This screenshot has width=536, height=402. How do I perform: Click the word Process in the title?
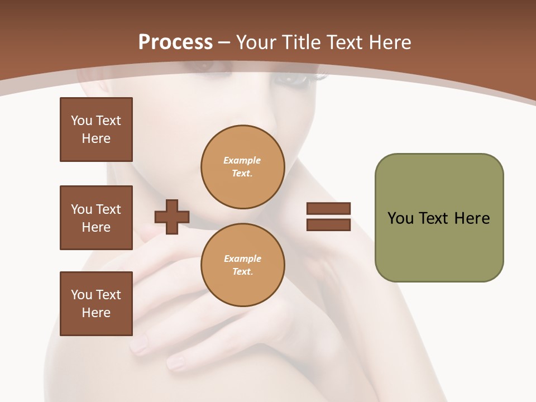click(175, 42)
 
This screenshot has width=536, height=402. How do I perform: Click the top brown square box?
click(96, 130)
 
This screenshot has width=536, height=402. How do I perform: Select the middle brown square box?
click(96, 218)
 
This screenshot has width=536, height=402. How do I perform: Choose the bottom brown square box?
click(96, 304)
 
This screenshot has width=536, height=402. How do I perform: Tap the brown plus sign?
click(172, 217)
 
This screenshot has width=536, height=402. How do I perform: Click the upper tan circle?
click(242, 167)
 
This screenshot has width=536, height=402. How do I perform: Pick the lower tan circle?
click(242, 265)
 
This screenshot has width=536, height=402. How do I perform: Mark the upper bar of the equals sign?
click(328, 208)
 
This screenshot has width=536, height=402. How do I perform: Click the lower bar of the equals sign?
click(328, 225)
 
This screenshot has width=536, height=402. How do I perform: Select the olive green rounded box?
click(439, 218)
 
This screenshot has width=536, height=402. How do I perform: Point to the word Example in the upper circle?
click(242, 160)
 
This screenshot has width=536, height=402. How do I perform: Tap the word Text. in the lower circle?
click(242, 272)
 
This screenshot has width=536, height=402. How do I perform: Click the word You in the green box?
click(401, 218)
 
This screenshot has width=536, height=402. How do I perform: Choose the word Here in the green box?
click(472, 218)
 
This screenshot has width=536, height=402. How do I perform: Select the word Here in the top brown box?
click(96, 139)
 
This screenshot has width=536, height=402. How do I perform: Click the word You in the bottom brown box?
click(82, 295)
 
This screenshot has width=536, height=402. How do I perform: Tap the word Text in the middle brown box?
click(108, 209)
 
